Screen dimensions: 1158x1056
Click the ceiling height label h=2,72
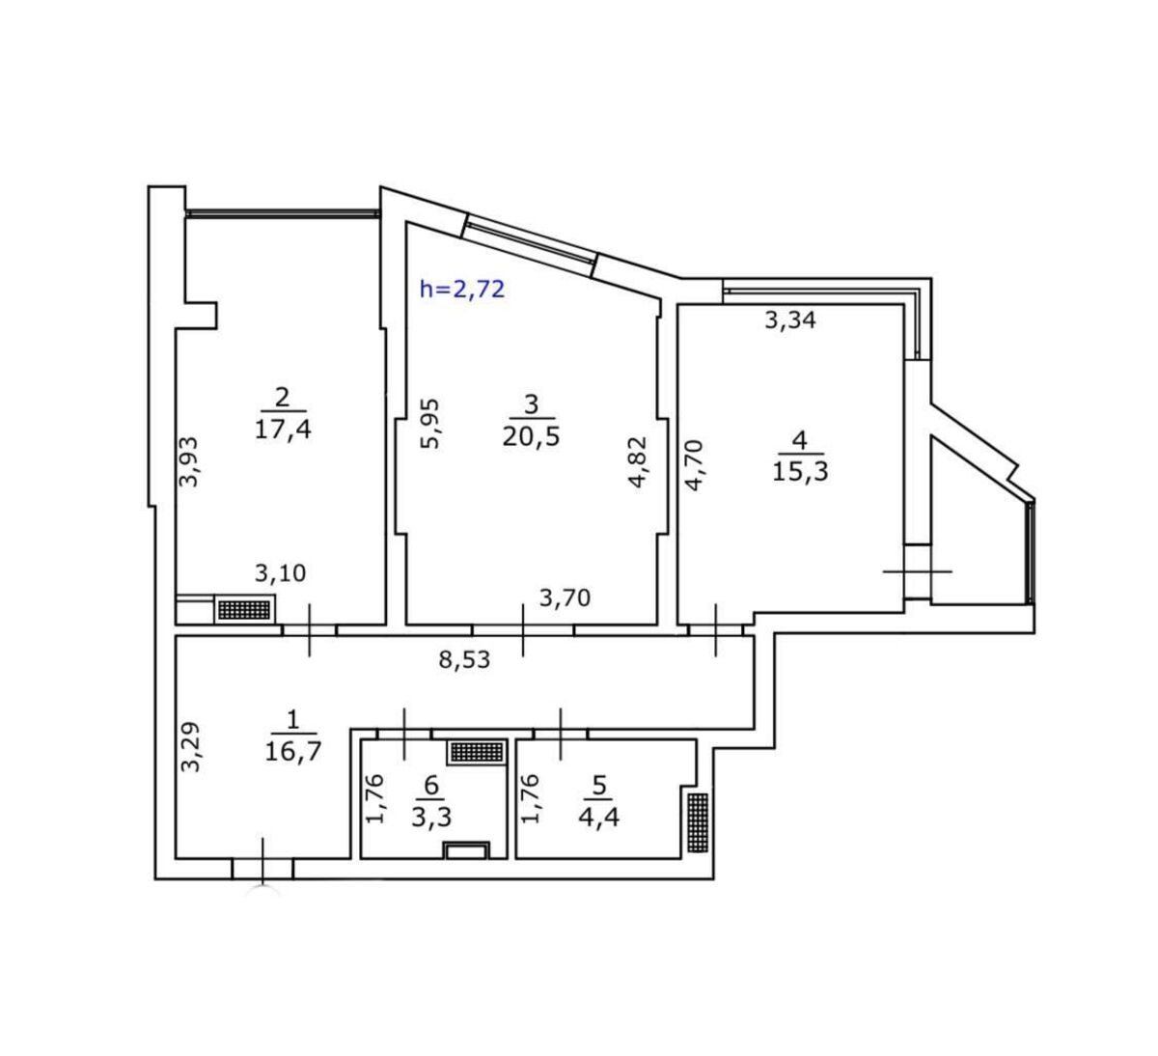point(462,289)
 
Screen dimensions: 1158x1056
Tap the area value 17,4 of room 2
point(283,430)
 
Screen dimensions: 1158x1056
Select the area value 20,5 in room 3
point(531,436)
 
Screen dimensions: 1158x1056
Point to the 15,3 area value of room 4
point(800,472)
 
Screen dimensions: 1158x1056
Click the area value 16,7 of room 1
point(293,752)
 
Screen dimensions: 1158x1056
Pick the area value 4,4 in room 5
point(598,818)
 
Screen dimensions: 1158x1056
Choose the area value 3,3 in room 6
point(431,818)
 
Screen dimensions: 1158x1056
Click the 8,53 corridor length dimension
point(464,659)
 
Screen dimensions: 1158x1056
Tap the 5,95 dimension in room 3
point(430,424)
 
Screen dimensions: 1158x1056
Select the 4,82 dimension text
point(639,462)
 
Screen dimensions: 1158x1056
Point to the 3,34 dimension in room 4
point(790,320)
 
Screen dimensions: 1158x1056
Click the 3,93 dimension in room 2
point(188,461)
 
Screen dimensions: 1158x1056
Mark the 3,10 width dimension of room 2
point(281,573)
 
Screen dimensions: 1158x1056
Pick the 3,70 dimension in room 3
point(565,597)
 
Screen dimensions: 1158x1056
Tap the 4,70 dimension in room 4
point(695,465)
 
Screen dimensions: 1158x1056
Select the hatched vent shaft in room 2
point(245,609)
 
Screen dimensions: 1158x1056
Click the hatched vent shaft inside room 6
point(478,752)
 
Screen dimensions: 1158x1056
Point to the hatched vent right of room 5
point(698,822)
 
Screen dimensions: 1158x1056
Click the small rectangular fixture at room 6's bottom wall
point(466,849)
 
